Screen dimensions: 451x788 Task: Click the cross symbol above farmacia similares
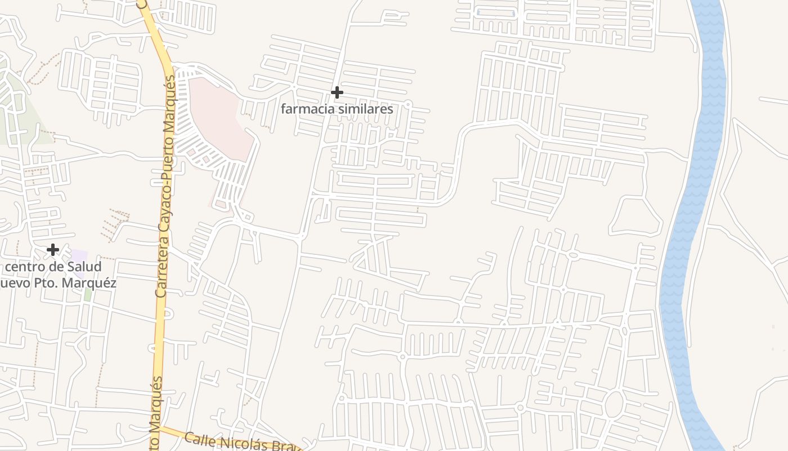click(x=337, y=92)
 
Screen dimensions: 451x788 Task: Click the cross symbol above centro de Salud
click(x=53, y=249)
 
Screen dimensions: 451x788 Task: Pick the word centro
click(x=26, y=267)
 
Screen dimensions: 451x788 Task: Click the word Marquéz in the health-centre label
click(x=92, y=283)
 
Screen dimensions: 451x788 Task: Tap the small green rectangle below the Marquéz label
click(x=88, y=294)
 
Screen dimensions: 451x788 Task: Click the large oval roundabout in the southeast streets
click(x=614, y=404)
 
